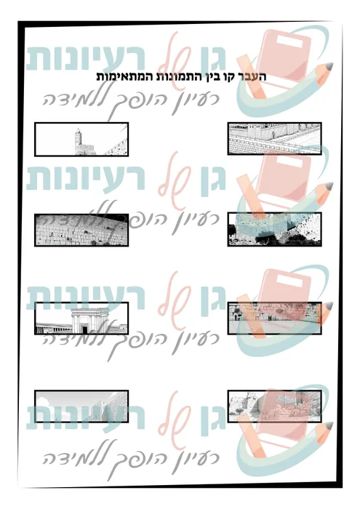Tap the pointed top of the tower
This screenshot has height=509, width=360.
tap(78, 129)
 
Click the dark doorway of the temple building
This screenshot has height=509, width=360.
tap(84, 330)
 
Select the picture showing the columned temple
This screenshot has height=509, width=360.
tap(81, 318)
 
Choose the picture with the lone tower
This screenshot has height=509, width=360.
tap(81, 140)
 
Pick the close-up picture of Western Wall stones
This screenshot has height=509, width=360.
tap(81, 230)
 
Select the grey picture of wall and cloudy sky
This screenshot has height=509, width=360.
tap(81, 406)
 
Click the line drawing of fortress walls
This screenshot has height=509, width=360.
tap(274, 139)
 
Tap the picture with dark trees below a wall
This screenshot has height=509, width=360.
tap(274, 229)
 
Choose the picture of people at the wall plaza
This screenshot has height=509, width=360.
tap(274, 318)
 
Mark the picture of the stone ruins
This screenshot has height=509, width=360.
tap(274, 406)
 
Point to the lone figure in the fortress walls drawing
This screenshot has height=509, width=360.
tap(273, 134)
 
